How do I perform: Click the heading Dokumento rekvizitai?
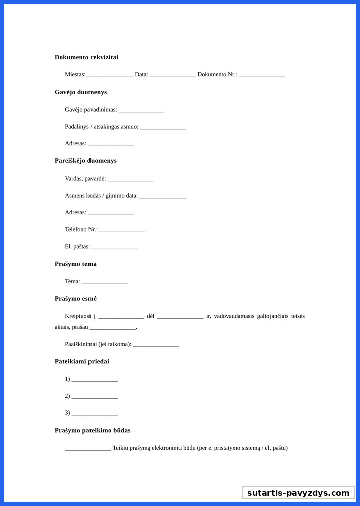tap(86, 57)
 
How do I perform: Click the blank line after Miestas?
tap(110, 75)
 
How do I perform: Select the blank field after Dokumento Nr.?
tap(261, 75)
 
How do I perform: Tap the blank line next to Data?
tap(172, 75)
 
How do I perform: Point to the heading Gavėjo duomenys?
tap(80, 92)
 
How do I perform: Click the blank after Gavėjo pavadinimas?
tap(141, 110)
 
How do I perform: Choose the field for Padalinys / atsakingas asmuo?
tap(163, 127)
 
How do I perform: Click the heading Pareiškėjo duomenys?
tap(85, 161)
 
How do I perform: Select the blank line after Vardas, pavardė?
tap(130, 179)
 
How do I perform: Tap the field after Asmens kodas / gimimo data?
tap(162, 196)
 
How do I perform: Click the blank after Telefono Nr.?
tap(122, 230)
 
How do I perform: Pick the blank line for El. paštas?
tap(115, 247)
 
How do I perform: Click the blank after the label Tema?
tap(105, 282)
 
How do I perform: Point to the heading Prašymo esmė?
tap(75, 299)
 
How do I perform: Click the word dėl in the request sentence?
tap(150, 316)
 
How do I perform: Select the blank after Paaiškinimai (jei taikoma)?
tap(156, 344)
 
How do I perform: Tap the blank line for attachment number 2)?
tap(95, 396)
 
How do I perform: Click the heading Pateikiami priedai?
tap(82, 361)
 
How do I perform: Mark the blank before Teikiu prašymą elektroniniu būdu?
tap(88, 448)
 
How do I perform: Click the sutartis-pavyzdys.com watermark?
tap(298, 493)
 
